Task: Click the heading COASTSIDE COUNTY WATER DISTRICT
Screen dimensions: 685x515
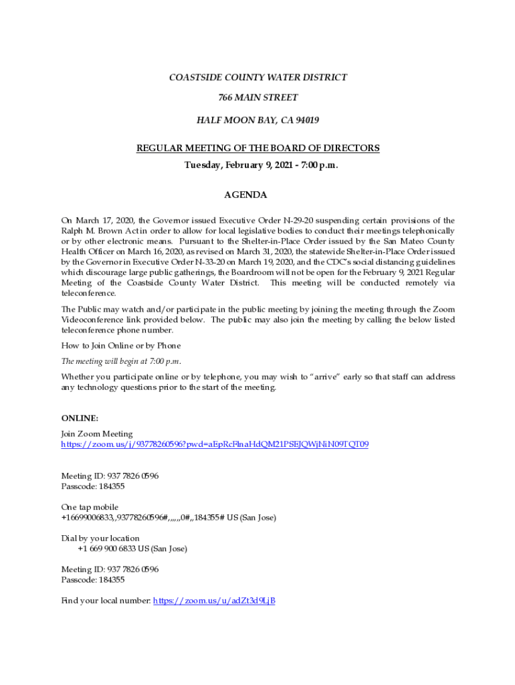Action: [257, 78]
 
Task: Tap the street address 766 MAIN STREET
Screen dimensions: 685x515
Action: [257, 98]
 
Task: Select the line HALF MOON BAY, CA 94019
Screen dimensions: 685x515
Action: [257, 120]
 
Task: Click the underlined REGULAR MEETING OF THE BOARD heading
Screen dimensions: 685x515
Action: [257, 148]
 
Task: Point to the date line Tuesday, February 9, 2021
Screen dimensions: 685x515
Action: [257, 165]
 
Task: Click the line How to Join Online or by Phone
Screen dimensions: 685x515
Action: [121, 346]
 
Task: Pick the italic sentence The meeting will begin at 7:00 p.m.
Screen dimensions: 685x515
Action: [121, 361]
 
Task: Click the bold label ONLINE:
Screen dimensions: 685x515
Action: [80, 418]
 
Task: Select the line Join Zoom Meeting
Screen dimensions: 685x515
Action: [97, 434]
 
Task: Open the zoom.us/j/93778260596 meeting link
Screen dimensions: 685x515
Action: [214, 444]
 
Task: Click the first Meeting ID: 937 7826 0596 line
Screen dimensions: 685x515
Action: [110, 476]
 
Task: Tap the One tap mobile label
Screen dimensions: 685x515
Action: [90, 507]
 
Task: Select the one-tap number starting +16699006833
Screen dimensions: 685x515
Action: [168, 518]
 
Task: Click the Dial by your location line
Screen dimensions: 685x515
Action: [100, 539]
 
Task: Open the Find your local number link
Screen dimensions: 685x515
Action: [214, 601]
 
